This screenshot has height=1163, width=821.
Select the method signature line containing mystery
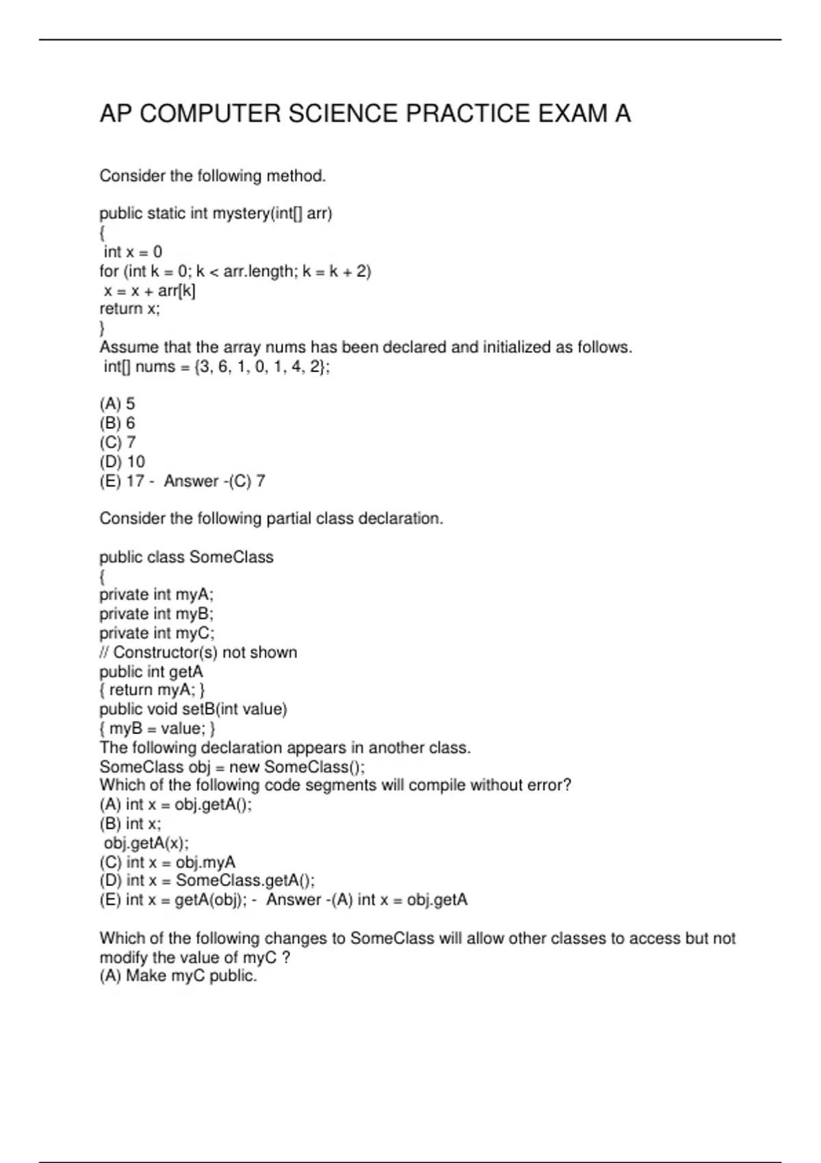click(216, 213)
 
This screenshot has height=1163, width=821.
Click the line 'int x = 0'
click(133, 252)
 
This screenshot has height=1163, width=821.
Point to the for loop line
click(235, 272)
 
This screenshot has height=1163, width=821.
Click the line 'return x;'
click(129, 309)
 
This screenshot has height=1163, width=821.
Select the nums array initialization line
click(216, 367)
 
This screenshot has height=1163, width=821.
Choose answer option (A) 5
click(117, 404)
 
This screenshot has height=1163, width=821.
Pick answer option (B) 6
click(117, 423)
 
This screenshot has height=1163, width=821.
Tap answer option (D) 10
click(122, 462)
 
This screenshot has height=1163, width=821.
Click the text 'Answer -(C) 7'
click(214, 481)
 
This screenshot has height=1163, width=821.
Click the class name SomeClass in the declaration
click(231, 557)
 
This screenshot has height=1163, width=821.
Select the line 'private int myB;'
click(156, 614)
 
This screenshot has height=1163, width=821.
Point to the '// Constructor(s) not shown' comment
click(198, 652)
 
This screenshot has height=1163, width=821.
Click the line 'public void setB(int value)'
click(193, 709)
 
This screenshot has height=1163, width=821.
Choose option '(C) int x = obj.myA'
click(167, 862)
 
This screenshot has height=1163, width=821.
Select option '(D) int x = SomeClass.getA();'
click(207, 881)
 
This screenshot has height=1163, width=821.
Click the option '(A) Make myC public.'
click(178, 976)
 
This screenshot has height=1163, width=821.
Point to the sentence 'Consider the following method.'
click(212, 177)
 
